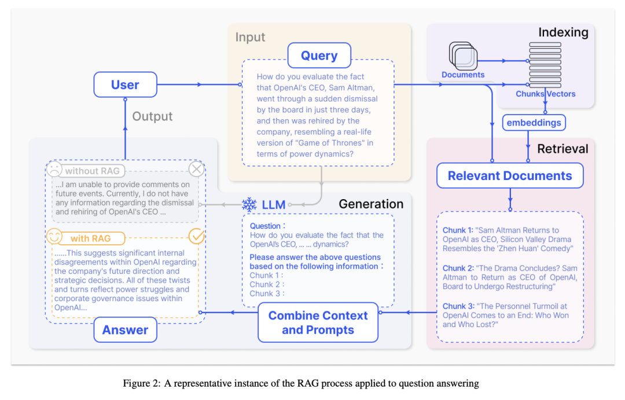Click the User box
point(125,85)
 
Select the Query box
point(319,56)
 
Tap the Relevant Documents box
point(510,175)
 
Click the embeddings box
point(534,123)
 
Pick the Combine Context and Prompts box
point(318,322)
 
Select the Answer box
point(125,330)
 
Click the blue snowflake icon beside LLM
point(249,204)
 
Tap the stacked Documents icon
point(463,56)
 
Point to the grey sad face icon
point(54,169)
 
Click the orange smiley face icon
point(54,236)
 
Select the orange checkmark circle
point(197,236)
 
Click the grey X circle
point(197,169)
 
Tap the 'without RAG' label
point(93,171)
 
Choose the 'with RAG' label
point(90,238)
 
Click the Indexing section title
point(563,32)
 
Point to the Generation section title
point(371,204)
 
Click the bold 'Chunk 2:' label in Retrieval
point(458,268)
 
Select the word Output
point(152,116)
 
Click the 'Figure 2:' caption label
point(142,384)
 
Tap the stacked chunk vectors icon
point(545,65)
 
